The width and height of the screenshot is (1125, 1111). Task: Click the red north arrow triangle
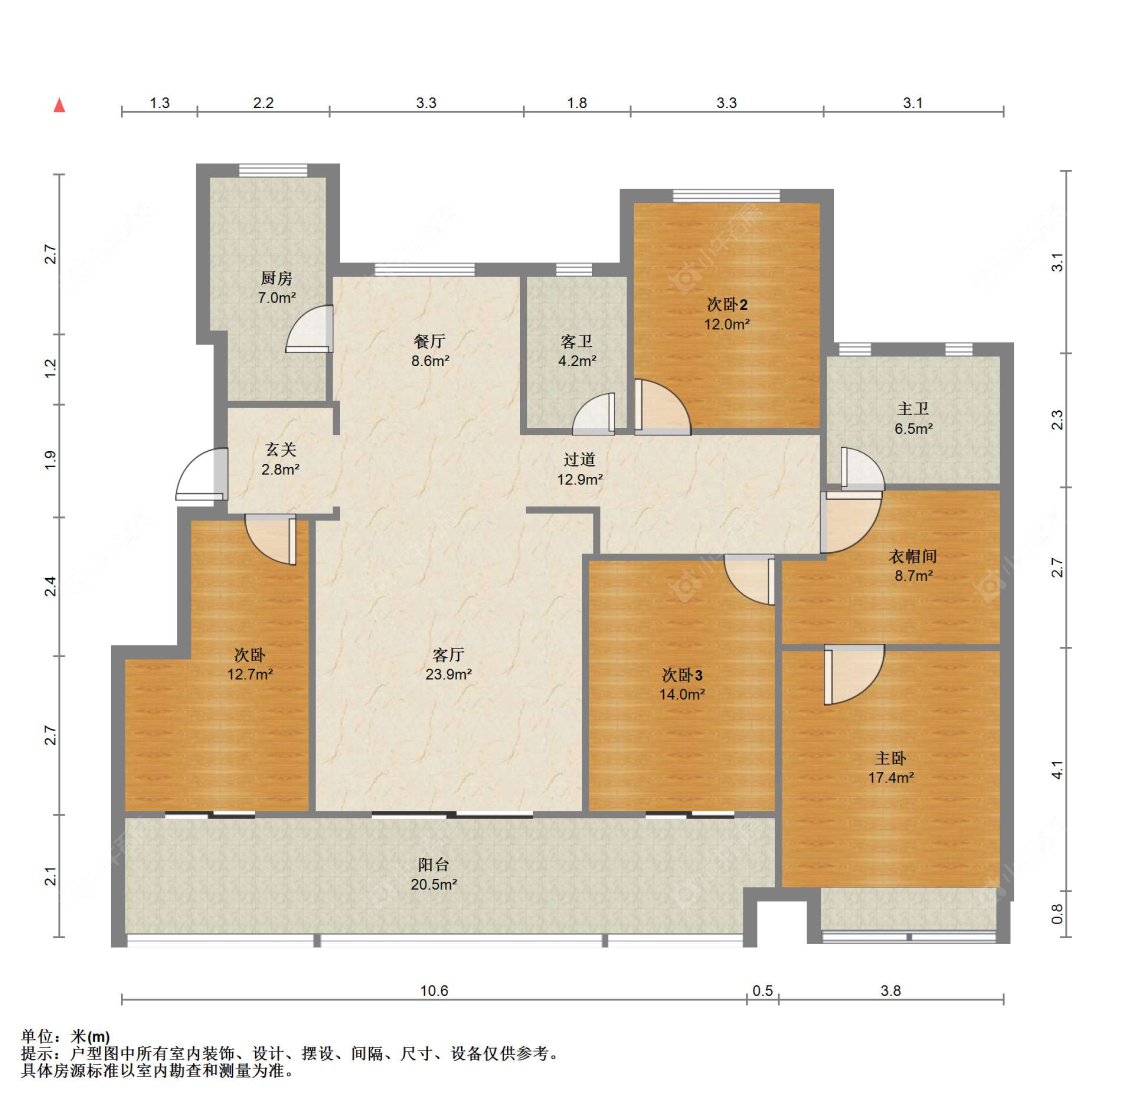pyautogui.click(x=59, y=105)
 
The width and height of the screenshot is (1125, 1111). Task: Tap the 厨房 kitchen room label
pyautogui.click(x=277, y=279)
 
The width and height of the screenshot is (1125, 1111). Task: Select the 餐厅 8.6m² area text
pyautogui.click(x=430, y=361)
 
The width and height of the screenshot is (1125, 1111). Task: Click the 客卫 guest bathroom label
pyautogui.click(x=577, y=342)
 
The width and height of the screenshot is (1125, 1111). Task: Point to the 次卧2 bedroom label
pyautogui.click(x=727, y=305)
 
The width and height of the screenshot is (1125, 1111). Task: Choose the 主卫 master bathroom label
pyautogui.click(x=913, y=409)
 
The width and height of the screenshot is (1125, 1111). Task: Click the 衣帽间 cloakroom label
pyautogui.click(x=914, y=557)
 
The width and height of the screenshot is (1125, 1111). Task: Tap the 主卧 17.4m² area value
pyautogui.click(x=891, y=778)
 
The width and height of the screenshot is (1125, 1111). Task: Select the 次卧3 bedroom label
pyautogui.click(x=682, y=675)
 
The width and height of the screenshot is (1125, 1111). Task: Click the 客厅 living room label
pyautogui.click(x=448, y=655)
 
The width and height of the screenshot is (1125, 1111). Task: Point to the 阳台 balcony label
pyautogui.click(x=433, y=865)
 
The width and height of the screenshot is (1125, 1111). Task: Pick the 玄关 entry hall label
pyautogui.click(x=281, y=450)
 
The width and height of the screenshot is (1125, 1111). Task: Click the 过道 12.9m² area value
pyautogui.click(x=580, y=480)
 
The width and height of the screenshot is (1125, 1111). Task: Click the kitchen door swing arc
pyautogui.click(x=308, y=330)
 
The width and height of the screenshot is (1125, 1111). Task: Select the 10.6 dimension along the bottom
pyautogui.click(x=434, y=991)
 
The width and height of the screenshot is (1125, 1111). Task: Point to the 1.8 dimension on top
pyautogui.click(x=577, y=102)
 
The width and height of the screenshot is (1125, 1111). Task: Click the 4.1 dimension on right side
pyautogui.click(x=1057, y=770)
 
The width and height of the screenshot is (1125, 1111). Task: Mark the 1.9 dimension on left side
pyautogui.click(x=51, y=461)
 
